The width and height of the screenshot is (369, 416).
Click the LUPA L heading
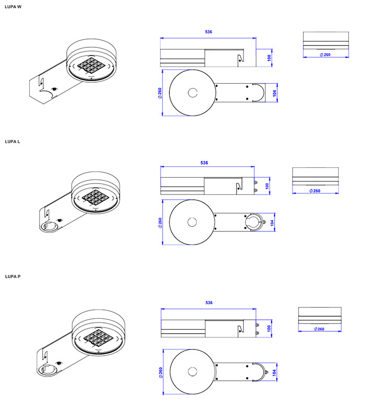[x=13, y=141]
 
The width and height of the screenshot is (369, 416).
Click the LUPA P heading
[x=13, y=277]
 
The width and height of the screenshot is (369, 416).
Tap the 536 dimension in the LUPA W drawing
[x=208, y=32]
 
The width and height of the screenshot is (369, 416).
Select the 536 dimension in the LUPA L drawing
[x=204, y=163]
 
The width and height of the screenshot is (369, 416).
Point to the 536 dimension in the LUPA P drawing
[x=209, y=303]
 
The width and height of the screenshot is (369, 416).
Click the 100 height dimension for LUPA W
[x=269, y=58]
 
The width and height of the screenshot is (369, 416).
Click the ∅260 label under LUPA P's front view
[x=319, y=329]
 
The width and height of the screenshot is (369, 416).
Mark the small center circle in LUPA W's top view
[x=193, y=93]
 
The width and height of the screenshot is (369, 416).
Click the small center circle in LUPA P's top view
[x=193, y=371]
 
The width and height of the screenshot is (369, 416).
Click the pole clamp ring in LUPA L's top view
[x=255, y=223]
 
